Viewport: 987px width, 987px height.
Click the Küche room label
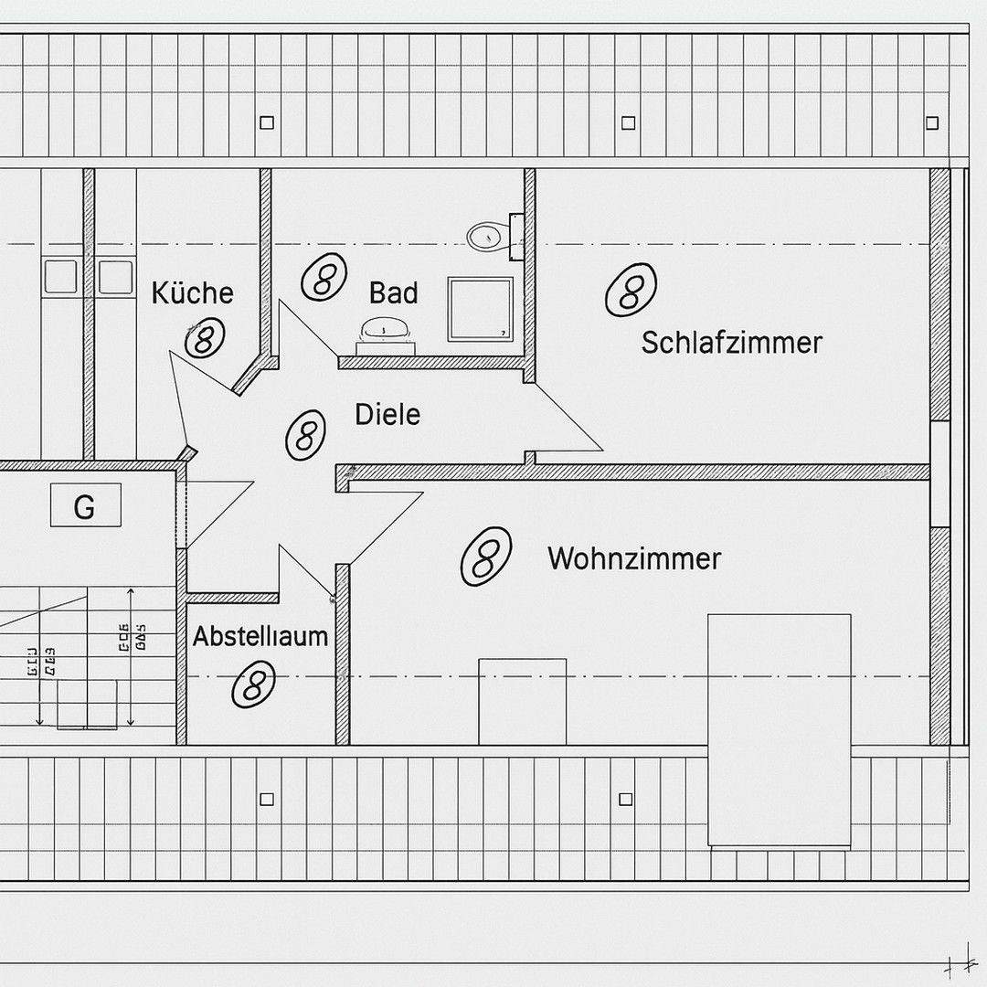pyautogui.click(x=192, y=293)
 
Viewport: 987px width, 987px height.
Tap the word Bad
pyautogui.click(x=393, y=293)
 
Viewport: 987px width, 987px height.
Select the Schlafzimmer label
pyautogui.click(x=731, y=343)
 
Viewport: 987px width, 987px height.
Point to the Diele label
pyautogui.click(x=387, y=415)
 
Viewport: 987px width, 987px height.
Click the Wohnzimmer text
pyautogui.click(x=634, y=558)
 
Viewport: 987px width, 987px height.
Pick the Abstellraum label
pyautogui.click(x=260, y=636)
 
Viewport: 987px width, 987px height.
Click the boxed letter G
pyautogui.click(x=84, y=505)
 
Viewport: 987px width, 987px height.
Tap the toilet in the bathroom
pyautogui.click(x=487, y=237)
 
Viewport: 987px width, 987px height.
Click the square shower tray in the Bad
pyautogui.click(x=479, y=309)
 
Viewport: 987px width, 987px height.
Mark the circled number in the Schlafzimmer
pyautogui.click(x=631, y=290)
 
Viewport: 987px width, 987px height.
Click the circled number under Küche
pyautogui.click(x=204, y=339)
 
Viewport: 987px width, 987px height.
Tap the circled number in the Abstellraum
pyautogui.click(x=253, y=684)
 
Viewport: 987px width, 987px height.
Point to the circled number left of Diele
pyautogui.click(x=305, y=434)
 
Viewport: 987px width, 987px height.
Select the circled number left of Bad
pyautogui.click(x=324, y=277)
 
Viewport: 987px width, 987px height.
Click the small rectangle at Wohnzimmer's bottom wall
pyautogui.click(x=522, y=701)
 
